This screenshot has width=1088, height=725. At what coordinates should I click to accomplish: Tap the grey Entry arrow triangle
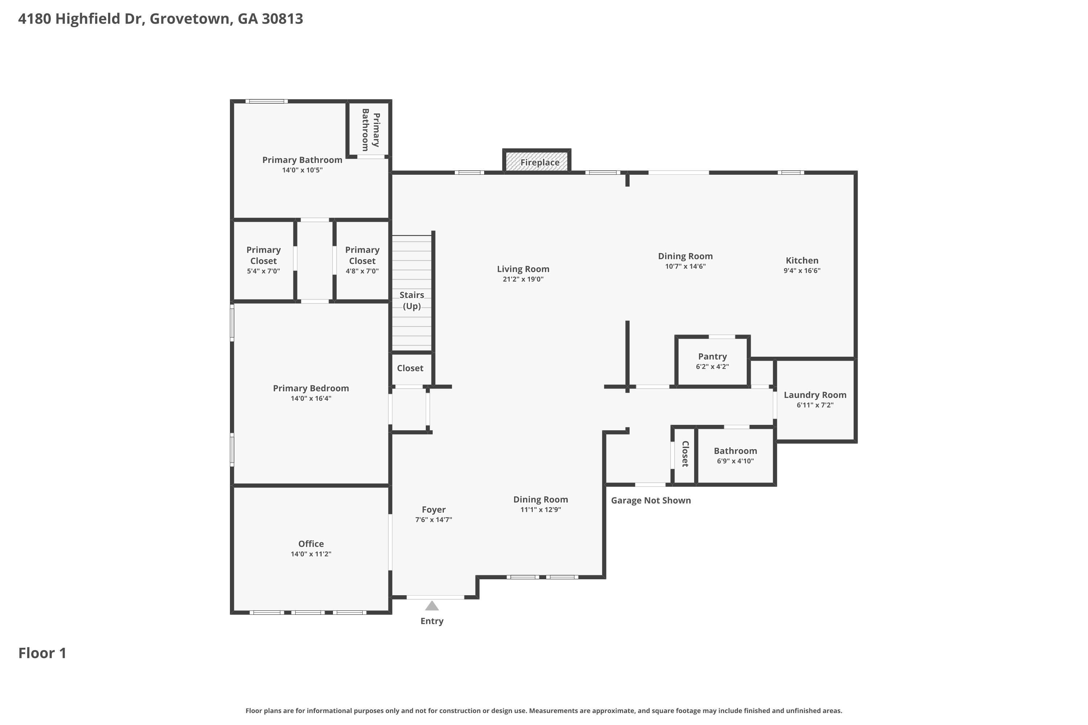pyautogui.click(x=432, y=606)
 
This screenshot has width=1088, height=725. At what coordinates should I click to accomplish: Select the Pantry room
pyautogui.click(x=712, y=361)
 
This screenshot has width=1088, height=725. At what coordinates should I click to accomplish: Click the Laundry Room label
pyautogui.click(x=815, y=395)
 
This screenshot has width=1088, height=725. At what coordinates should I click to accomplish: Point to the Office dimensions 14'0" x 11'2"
pyautogui.click(x=311, y=554)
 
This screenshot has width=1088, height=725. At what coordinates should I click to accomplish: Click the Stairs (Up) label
pyautogui.click(x=412, y=301)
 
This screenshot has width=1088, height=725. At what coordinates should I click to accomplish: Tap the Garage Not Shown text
pyautogui.click(x=651, y=500)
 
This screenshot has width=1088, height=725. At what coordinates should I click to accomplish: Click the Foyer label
pyautogui.click(x=433, y=510)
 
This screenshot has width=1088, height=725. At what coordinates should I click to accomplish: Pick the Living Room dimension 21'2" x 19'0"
pyautogui.click(x=523, y=279)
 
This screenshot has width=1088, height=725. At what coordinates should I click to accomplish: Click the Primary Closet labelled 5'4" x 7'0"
pyautogui.click(x=263, y=260)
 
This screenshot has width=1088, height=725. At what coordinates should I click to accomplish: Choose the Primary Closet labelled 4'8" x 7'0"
pyautogui.click(x=362, y=260)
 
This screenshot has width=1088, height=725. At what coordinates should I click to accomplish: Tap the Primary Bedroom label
pyautogui.click(x=311, y=388)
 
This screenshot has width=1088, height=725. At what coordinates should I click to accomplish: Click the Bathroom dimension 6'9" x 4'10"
pyautogui.click(x=735, y=461)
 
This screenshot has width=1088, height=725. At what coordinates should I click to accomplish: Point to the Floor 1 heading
pyautogui.click(x=42, y=653)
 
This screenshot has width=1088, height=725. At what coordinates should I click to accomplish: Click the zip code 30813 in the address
pyautogui.click(x=282, y=19)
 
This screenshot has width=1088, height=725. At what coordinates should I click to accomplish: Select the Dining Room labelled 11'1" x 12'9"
pyautogui.click(x=541, y=504)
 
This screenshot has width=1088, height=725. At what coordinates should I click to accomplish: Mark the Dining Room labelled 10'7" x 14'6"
pyautogui.click(x=685, y=261)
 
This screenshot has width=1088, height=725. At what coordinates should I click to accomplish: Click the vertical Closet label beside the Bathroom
pyautogui.click(x=685, y=454)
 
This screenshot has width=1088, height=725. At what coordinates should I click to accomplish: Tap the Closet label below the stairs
pyautogui.click(x=410, y=368)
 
